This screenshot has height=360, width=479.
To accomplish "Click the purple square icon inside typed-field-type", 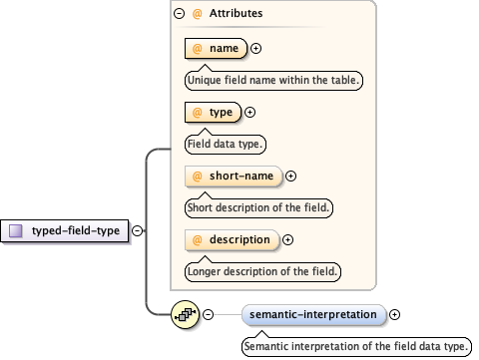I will pyautogui.click(x=15, y=230).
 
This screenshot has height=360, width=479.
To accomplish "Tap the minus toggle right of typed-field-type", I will pyautogui.click(x=136, y=230).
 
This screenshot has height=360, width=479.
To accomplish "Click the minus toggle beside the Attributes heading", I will pyautogui.click(x=179, y=15).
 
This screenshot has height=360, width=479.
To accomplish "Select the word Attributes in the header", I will pyautogui.click(x=236, y=15).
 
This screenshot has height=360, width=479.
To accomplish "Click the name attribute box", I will pyautogui.click(x=217, y=48).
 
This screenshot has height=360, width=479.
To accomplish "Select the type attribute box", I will pyautogui.click(x=214, y=113).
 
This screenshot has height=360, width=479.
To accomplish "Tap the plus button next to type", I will pyautogui.click(x=250, y=113).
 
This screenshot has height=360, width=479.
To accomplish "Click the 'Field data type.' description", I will pyautogui.click(x=225, y=144).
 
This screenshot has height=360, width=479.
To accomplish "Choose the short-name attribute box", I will pyautogui.click(x=234, y=176).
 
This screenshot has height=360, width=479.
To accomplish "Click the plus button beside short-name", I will pyautogui.click(x=290, y=176).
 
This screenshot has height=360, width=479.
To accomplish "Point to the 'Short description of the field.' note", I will pyautogui.click(x=258, y=207).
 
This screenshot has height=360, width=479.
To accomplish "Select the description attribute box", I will pyautogui.click(x=232, y=239).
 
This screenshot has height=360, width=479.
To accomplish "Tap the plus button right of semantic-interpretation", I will pyautogui.click(x=395, y=315).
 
